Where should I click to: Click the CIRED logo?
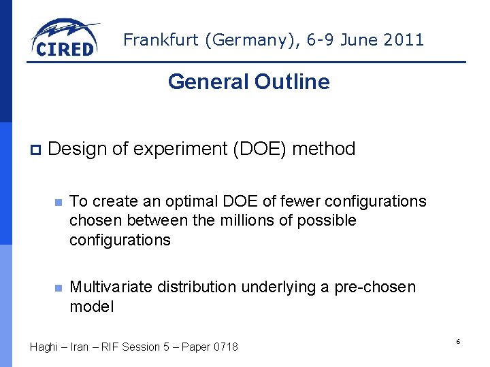(65, 38)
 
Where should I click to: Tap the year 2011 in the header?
(404, 39)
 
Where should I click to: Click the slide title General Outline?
(248, 82)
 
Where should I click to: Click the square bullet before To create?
(59, 202)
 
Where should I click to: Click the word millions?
(249, 220)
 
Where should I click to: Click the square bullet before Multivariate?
(59, 287)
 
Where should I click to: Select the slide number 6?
(458, 341)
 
